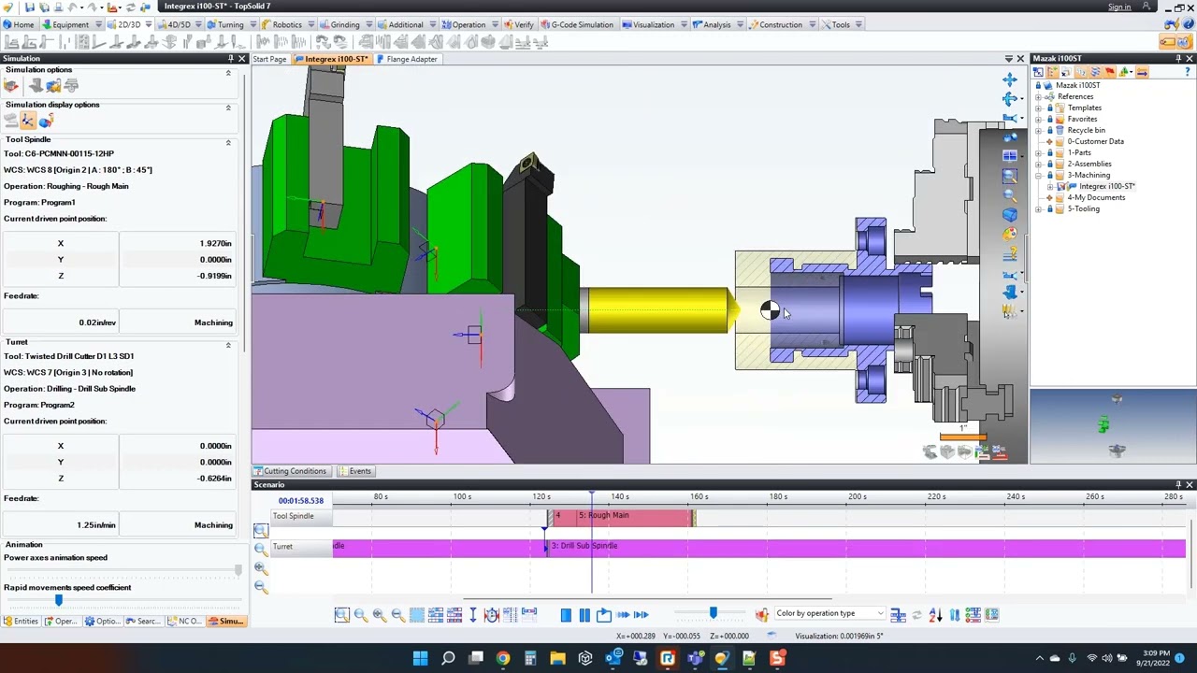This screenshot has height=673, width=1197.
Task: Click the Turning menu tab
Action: pyautogui.click(x=230, y=24)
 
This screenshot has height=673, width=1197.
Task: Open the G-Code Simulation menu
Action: pyautogui.click(x=582, y=24)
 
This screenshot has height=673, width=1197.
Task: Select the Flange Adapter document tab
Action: pyautogui.click(x=411, y=59)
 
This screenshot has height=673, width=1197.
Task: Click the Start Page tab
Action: pyautogui.click(x=269, y=59)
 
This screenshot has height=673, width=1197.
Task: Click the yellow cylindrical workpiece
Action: pyautogui.click(x=655, y=310)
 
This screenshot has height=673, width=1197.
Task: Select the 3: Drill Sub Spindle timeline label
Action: pyautogui.click(x=586, y=546)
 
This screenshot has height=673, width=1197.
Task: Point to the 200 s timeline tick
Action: pyautogui.click(x=857, y=496)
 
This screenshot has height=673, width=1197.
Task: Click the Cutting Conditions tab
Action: pyautogui.click(x=295, y=471)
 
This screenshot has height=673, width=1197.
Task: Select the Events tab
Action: pyautogui.click(x=360, y=471)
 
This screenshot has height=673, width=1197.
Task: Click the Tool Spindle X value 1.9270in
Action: pyautogui.click(x=214, y=243)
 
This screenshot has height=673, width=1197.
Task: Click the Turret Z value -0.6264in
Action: pyautogui.click(x=214, y=479)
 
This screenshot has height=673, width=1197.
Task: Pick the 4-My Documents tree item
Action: pyautogui.click(x=1096, y=197)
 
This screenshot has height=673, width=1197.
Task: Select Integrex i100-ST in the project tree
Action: pyautogui.click(x=1106, y=186)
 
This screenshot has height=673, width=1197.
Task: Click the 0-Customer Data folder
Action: pyautogui.click(x=1095, y=141)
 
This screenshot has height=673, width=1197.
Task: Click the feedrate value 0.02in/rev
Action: pyautogui.click(x=97, y=322)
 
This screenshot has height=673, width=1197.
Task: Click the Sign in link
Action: pyautogui.click(x=1118, y=7)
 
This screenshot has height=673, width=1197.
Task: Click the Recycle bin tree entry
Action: pyautogui.click(x=1086, y=130)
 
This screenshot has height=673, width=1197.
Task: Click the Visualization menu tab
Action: pyautogui.click(x=653, y=24)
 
